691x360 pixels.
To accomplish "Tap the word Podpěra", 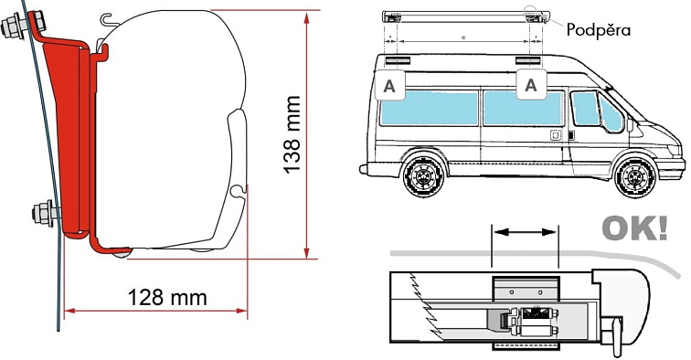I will [599, 29].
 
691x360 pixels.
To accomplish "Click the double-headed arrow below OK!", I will [525, 233].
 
